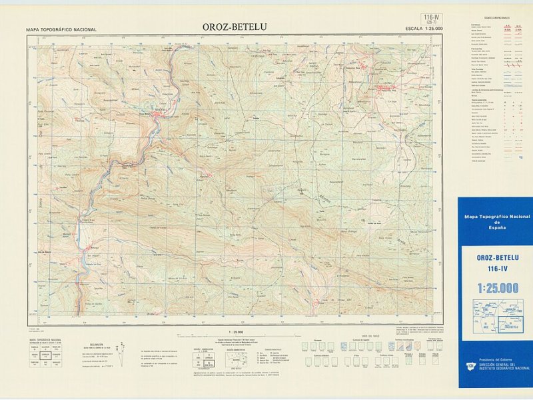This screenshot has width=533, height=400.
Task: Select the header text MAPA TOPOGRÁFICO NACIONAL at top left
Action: (x=61, y=30)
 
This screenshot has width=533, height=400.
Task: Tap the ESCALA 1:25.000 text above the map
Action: (x=424, y=29)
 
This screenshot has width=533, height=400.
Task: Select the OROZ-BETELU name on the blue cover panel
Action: (x=497, y=258)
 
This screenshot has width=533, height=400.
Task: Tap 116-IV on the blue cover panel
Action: (x=497, y=269)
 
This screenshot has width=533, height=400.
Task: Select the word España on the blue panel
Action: (x=497, y=227)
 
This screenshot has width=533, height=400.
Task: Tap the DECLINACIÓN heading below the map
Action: (x=97, y=344)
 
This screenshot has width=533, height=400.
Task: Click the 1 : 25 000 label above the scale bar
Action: (x=236, y=331)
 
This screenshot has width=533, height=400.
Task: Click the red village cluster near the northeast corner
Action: (x=385, y=88)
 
